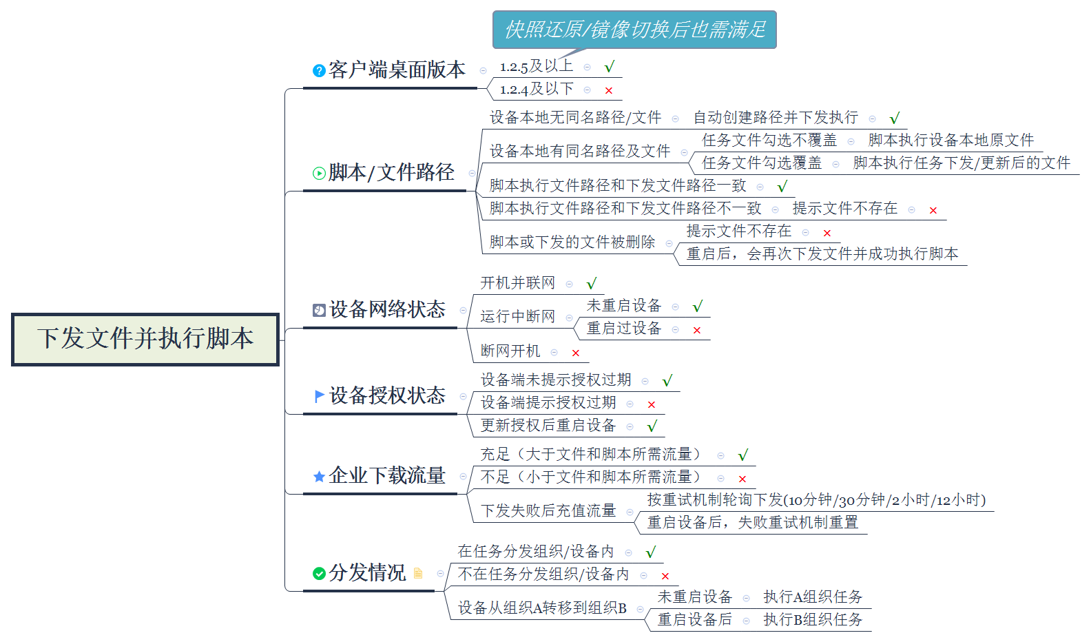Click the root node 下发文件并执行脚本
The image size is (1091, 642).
[x=145, y=339]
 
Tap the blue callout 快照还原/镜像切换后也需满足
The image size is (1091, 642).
[x=634, y=30]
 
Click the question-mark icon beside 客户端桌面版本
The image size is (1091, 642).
[x=318, y=71]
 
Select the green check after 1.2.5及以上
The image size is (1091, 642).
[x=610, y=67]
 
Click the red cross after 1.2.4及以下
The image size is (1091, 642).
[x=609, y=91]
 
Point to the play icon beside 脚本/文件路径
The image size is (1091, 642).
[x=318, y=174]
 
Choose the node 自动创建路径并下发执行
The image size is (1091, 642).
[x=776, y=117]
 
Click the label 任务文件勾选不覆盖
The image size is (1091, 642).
[x=769, y=141]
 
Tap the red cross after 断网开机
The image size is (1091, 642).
[x=576, y=353]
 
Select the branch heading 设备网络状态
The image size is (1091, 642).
[x=387, y=309]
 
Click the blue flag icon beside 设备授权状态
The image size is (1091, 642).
[x=319, y=396]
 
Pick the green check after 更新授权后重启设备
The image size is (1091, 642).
[x=652, y=426]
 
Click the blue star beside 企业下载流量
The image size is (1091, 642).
[x=319, y=477]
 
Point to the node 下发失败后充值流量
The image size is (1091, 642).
[x=548, y=510]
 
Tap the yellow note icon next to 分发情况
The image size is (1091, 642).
[x=418, y=573]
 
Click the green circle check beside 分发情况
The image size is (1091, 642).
[x=319, y=574]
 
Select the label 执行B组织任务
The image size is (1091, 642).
[x=813, y=619]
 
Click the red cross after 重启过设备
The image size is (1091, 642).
[x=697, y=330]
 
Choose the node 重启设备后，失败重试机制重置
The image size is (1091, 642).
[x=753, y=522]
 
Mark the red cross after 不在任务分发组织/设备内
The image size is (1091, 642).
[x=665, y=577]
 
